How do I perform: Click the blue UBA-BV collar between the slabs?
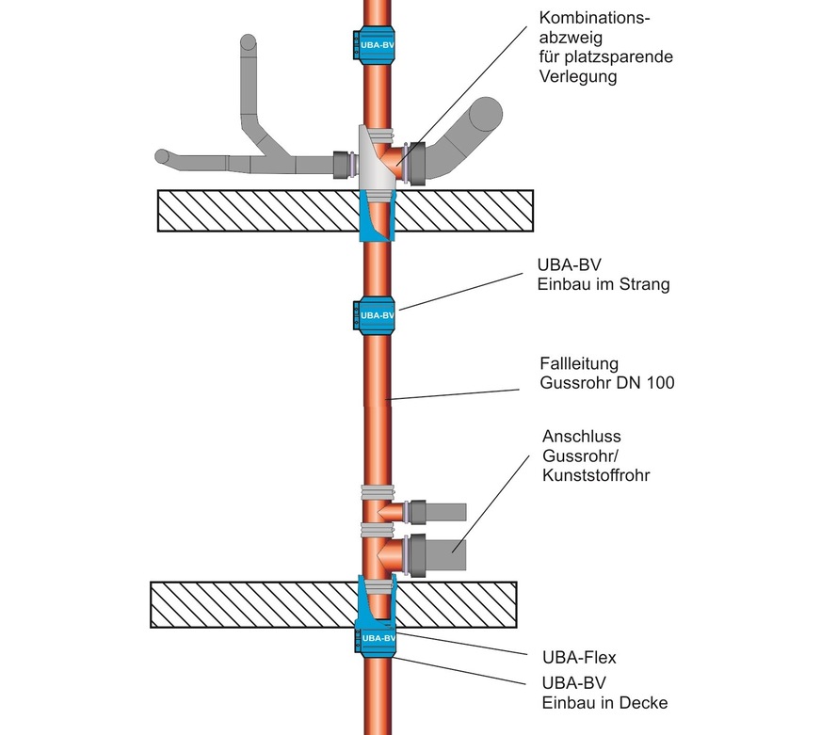378,314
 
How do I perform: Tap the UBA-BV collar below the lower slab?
378,637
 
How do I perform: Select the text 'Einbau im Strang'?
604,285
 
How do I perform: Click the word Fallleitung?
578,362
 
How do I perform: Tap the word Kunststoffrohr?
596,476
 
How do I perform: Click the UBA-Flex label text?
579,658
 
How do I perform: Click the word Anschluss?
582,438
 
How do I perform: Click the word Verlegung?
578,77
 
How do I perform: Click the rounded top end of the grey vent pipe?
250,43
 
